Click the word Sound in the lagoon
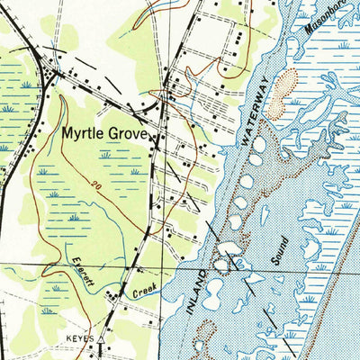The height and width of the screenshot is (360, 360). (x=278, y=251)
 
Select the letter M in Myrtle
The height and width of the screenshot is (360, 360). (x=67, y=134)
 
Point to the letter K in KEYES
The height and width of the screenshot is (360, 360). (x=68, y=339)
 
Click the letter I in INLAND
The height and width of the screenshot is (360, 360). (x=192, y=310)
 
